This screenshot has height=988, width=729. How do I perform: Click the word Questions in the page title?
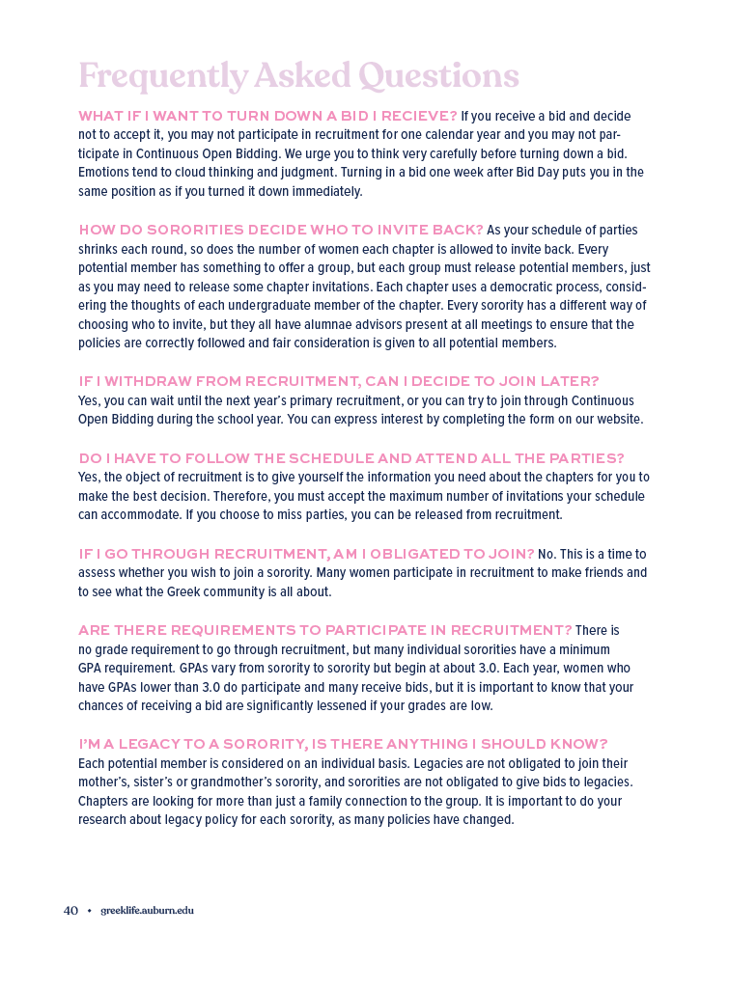pos(438,75)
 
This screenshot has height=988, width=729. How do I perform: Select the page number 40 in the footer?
pos(70,910)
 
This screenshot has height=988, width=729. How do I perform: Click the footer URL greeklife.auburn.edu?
pos(147,910)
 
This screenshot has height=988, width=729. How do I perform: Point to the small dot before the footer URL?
pos(89,910)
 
